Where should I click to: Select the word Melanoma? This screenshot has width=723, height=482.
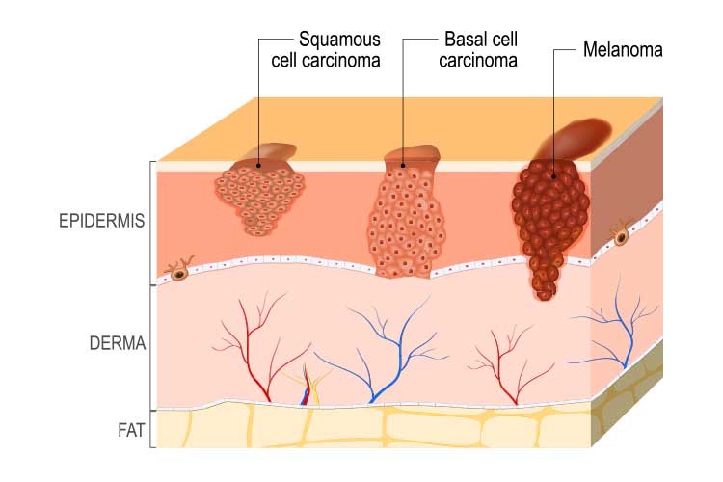623,49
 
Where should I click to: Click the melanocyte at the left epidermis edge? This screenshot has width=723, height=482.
179,271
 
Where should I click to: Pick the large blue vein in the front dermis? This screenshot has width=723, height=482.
381,352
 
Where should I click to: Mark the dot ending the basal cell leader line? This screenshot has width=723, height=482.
403,166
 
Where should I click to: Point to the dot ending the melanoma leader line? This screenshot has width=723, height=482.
554,175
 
